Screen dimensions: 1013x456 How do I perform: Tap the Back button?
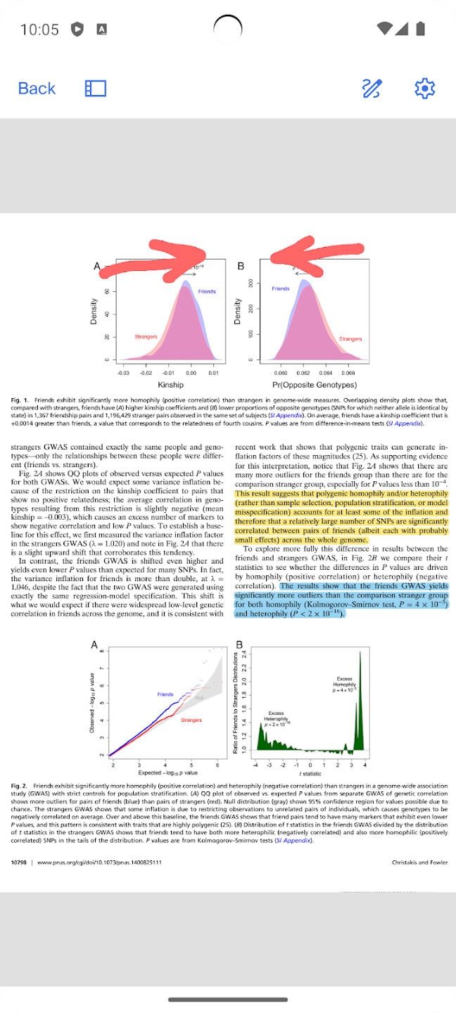37,89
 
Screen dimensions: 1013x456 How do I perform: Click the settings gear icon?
425,89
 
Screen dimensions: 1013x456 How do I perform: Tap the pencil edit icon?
372,89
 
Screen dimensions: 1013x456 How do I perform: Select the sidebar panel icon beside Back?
95,89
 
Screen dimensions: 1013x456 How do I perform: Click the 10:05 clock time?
39,30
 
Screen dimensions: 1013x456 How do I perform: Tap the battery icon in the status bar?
420,29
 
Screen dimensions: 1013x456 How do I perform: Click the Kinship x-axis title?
170,385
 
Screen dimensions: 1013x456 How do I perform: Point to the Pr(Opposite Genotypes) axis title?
314,385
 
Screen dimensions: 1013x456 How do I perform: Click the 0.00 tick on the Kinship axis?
191,374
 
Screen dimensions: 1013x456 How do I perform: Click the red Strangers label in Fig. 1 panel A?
146,337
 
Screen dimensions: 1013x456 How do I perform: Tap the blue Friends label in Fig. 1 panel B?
281,288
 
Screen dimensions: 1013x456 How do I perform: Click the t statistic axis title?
311,773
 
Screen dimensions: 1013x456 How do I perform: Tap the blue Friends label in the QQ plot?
165,694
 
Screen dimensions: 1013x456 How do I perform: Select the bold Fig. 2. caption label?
20,784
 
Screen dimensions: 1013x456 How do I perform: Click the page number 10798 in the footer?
19,862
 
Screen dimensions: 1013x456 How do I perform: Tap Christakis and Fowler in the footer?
419,862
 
